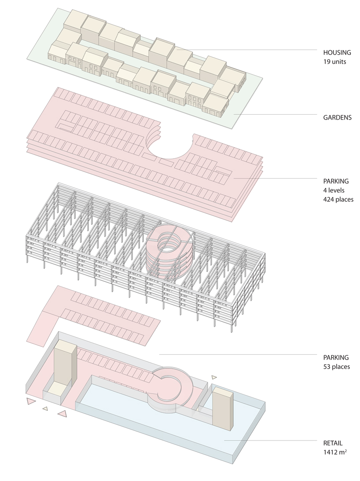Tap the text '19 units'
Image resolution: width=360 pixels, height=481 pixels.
[x=334, y=62]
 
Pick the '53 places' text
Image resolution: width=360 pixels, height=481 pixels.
[x=337, y=366]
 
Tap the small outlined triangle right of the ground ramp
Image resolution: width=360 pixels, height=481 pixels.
[x=214, y=377]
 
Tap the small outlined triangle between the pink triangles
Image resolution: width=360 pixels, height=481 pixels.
[x=45, y=408]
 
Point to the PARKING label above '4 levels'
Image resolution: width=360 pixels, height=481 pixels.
[x=336, y=181]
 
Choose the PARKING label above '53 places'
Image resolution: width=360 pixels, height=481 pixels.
[x=336, y=357]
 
